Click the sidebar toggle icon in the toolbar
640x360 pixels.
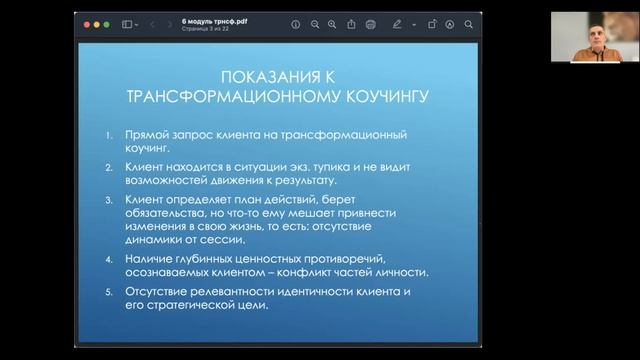pyautogui.click(x=127, y=23)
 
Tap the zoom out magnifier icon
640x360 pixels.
pyautogui.click(x=314, y=23)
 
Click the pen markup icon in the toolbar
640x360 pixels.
pyautogui.click(x=397, y=23)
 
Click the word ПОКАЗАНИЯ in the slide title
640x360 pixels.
pyautogui.click(x=263, y=80)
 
